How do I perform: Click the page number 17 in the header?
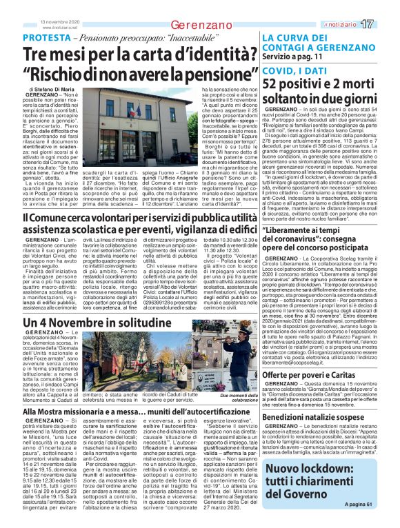[386, 24]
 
